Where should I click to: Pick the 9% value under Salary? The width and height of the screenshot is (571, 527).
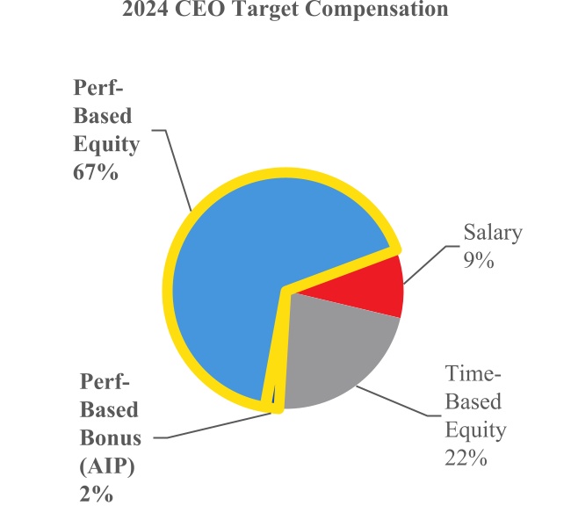481,261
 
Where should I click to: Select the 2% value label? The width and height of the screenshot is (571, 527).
97,494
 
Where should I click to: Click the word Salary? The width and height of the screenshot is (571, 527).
493,233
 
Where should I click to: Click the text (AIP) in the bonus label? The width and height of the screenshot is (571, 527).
105,465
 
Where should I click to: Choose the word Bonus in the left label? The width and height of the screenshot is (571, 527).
110,437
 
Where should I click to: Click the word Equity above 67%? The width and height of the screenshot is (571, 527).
105,143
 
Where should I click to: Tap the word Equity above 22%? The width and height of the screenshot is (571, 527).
475,430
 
